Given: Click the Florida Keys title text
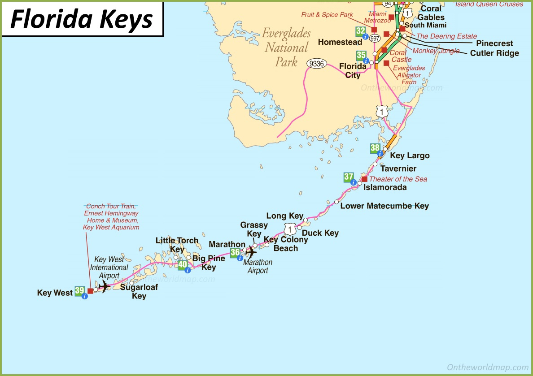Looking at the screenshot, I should tap(82, 19).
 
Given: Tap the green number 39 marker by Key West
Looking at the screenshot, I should tap(79, 291).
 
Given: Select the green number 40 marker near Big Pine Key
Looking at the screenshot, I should tap(182, 264).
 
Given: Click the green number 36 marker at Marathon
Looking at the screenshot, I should tap(235, 253).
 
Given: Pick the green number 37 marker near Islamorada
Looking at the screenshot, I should tap(349, 177).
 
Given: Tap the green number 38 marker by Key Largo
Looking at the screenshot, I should tap(375, 148).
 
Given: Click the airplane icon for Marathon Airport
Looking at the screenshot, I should tap(250, 252).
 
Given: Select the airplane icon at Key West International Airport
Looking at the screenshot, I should tap(104, 286).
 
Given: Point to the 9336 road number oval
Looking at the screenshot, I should tap(316, 64).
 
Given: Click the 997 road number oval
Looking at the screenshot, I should tap(375, 39).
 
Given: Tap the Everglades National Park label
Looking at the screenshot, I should tap(286, 48).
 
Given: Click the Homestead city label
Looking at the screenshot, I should tap(340, 42).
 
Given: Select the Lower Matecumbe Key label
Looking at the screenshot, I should tap(384, 206).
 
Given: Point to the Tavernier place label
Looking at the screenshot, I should tap(398, 169).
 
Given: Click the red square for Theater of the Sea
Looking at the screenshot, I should tap(364, 179).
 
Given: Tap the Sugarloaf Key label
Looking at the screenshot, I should tap(139, 291).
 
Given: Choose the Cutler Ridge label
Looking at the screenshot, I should tap(494, 53).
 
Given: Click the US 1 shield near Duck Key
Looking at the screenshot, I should tap(291, 229).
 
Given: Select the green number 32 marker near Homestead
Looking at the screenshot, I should tap(360, 31).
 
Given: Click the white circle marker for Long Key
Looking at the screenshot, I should tap(306, 220).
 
